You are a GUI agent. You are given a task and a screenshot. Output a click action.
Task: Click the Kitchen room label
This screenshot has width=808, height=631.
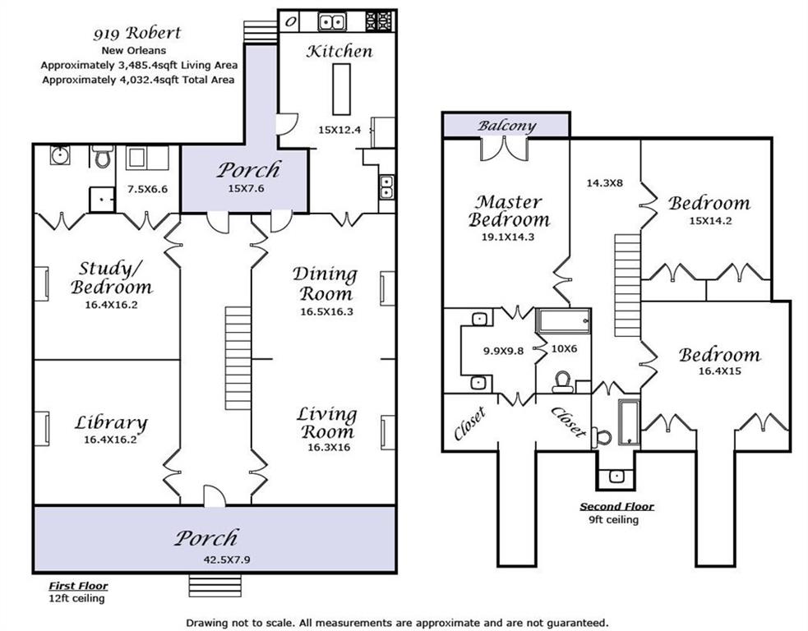coord(339,51)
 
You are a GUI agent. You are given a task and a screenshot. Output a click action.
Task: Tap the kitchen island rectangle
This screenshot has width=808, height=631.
coord(341,89)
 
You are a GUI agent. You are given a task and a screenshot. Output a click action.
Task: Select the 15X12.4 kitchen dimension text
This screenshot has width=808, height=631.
coord(339,130)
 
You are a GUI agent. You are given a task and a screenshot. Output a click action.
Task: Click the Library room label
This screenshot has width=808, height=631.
coord(111,423)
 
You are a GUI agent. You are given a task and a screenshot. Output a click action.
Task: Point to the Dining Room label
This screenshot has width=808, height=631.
coord(326,283)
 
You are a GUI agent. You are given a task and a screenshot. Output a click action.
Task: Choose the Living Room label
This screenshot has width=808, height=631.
coord(326,422)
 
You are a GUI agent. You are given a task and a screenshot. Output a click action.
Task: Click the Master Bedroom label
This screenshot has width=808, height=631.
coord(509,210)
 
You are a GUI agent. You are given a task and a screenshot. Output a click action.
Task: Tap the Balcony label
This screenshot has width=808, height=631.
coord(506,125)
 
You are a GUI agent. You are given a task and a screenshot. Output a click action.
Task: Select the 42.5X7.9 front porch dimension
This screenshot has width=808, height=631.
coord(227,560)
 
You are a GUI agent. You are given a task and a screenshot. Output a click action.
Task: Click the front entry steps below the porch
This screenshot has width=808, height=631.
coord(215,586)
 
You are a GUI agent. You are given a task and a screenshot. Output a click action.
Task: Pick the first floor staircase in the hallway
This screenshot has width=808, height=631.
coord(238,358)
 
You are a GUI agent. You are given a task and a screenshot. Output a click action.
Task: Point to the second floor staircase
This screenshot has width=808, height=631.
coord(628,285)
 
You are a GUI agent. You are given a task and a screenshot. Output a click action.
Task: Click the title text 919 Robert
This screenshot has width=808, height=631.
coord(137,34)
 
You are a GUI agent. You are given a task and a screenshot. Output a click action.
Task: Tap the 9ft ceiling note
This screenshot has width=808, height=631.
coord(614,520)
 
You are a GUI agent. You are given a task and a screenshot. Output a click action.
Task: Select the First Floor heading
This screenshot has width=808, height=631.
coord(78,586)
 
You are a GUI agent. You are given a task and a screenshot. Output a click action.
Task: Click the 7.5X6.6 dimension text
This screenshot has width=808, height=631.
coord(147,189)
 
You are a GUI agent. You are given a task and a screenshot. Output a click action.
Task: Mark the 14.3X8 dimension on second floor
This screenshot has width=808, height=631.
coord(604,182)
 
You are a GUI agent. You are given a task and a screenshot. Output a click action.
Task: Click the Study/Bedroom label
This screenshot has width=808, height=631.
coord(112,278)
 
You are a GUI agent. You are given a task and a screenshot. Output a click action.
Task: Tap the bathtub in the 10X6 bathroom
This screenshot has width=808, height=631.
coord(564,321)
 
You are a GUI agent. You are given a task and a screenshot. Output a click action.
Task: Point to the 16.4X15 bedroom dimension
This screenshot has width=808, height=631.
coord(720,371)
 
